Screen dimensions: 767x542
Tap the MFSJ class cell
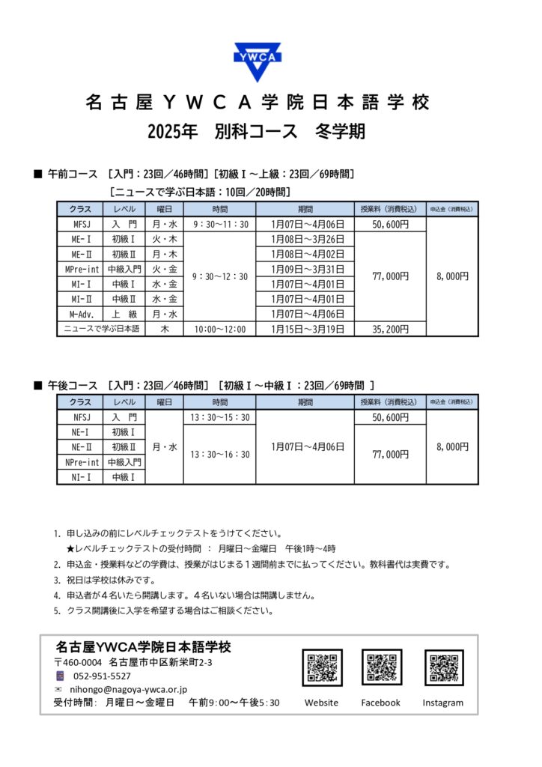tap(81, 224)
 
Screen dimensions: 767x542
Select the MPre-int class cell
tap(81, 269)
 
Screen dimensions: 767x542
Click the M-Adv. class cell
tap(81, 314)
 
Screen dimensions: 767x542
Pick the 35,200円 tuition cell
tap(390, 329)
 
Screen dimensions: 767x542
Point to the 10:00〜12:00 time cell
tap(219, 329)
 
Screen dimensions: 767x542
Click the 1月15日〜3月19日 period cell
tap(303, 329)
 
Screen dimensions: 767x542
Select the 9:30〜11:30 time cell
tap(219, 224)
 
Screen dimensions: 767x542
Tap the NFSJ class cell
tap(81, 417)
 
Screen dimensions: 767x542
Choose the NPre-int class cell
tap(81, 462)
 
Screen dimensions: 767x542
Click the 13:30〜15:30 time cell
tap(219, 417)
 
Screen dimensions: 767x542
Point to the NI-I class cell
tap(81, 477)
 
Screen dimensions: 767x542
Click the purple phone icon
tap(59, 676)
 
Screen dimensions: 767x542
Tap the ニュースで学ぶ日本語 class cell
tap(102, 329)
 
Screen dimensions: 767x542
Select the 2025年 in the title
tap(172, 132)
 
